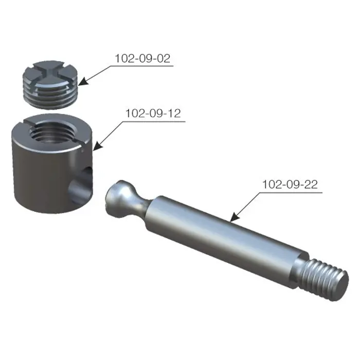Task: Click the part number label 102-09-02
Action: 142,58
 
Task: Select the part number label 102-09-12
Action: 153,113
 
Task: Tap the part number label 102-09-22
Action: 290,184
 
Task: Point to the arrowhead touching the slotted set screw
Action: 83,81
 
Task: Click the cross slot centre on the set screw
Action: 50,73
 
